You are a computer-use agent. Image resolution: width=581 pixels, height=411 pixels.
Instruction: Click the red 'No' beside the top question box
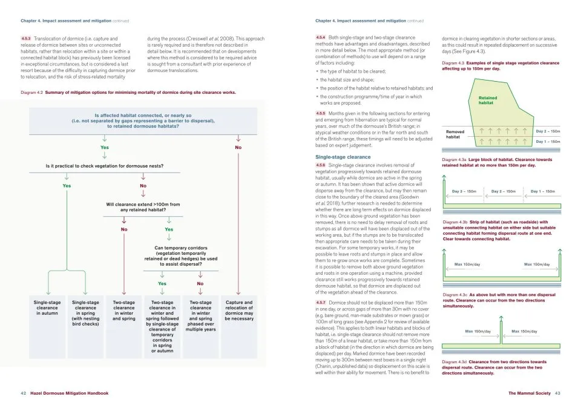(238, 147)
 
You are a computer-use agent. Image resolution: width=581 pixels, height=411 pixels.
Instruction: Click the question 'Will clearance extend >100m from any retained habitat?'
(143, 207)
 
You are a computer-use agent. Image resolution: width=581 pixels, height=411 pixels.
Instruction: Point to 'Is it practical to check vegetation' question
(104, 166)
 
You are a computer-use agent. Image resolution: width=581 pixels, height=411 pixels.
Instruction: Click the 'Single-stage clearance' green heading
(343, 157)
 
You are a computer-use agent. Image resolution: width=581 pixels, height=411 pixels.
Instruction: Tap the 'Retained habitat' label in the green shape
(488, 100)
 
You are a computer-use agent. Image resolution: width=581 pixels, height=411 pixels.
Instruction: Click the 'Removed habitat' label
(455, 134)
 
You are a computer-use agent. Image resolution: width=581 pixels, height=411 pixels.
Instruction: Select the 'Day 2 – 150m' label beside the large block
(548, 131)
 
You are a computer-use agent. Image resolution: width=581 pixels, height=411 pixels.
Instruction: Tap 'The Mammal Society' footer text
(530, 393)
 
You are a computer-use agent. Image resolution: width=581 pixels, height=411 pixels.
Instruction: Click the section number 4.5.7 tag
(321, 302)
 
